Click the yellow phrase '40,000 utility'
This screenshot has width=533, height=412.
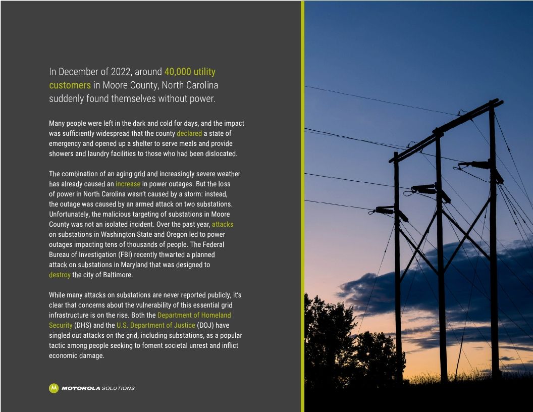[190, 72]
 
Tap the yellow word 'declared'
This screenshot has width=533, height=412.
[189, 134]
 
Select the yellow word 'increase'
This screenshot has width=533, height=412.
[128, 184]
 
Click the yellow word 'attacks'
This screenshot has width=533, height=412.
[223, 224]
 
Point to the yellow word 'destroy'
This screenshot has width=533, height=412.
[60, 275]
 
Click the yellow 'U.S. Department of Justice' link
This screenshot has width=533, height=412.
[155, 325]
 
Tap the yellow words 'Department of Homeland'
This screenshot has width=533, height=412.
[194, 315]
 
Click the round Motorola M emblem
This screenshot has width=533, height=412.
[54, 388]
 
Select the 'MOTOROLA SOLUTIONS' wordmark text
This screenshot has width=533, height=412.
[98, 388]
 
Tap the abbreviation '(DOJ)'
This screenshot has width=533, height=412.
[206, 325]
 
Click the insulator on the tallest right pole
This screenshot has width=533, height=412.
[479, 165]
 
